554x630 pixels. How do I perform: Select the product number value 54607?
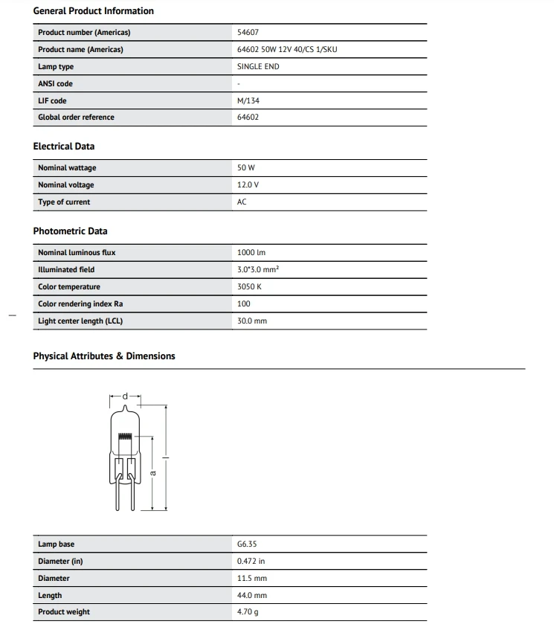248,33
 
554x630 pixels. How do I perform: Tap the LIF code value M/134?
248,100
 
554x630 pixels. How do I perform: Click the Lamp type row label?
56,67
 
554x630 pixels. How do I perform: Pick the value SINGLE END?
258,67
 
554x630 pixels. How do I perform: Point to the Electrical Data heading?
64,147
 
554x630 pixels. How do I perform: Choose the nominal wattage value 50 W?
245,168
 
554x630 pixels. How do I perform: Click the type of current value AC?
242,202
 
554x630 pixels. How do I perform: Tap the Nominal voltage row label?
66,185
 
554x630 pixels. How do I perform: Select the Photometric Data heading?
70,231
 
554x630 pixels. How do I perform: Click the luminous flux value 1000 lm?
251,253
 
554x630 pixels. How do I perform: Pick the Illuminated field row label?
66,270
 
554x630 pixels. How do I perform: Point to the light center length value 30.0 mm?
251,321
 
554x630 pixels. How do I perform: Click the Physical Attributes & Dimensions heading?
104,356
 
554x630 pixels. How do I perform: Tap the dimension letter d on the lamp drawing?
125,396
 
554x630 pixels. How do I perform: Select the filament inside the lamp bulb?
125,433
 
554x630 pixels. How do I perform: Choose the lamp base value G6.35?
247,544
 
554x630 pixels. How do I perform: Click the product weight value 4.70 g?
248,612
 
